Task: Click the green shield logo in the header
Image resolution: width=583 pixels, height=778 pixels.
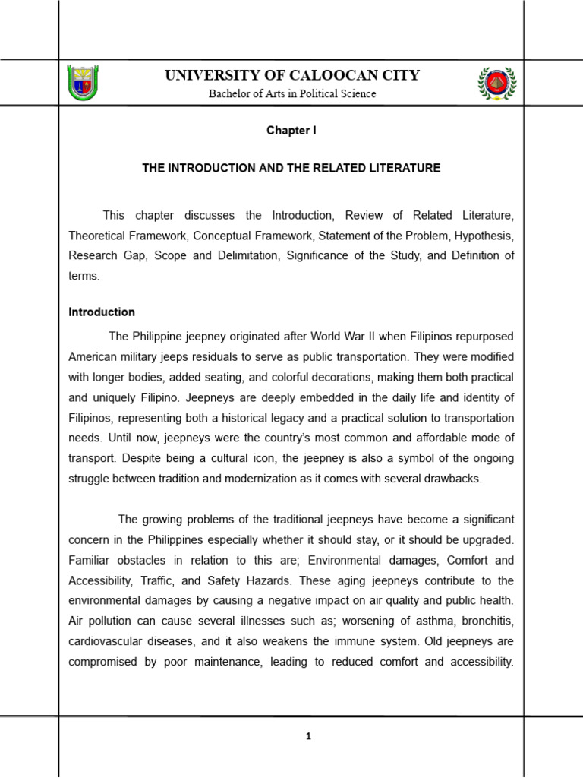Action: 84,83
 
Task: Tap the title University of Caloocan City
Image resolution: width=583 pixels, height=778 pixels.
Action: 292,75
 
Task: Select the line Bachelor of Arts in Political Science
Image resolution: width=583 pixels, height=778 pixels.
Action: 292,93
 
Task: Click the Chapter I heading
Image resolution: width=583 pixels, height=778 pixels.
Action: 291,131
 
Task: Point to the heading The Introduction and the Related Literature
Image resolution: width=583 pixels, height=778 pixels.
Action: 291,168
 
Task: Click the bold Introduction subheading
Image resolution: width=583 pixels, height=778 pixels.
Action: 102,312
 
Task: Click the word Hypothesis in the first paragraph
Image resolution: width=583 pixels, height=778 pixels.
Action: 485,236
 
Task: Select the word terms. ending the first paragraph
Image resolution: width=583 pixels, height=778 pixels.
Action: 84,276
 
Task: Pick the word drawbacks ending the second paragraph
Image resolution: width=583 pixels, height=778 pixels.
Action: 449,479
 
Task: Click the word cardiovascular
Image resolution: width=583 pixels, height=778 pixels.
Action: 106,642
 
